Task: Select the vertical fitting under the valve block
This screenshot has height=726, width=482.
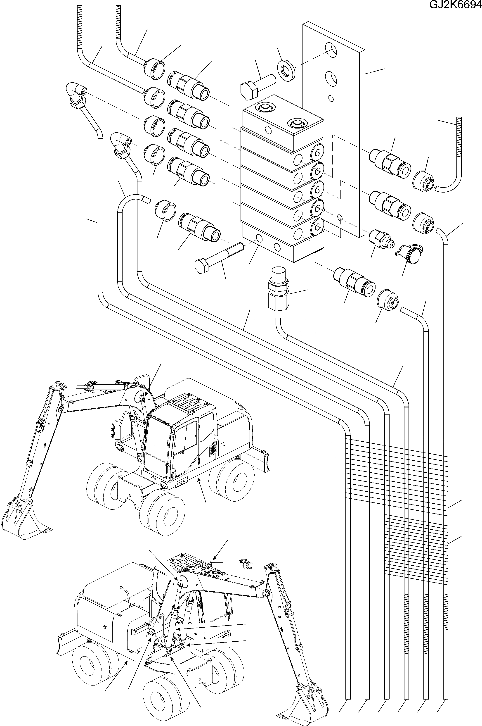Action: (278, 292)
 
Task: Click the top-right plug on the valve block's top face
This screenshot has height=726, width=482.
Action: (297, 124)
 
